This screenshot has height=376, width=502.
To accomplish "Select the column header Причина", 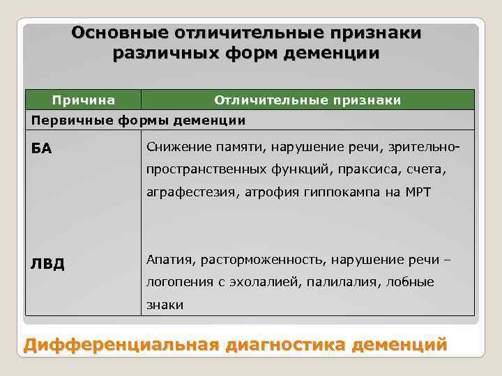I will pyautogui.click(x=84, y=100).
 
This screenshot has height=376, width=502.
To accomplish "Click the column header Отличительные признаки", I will pyautogui.click(x=307, y=100).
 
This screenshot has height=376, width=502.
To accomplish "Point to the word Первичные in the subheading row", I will pyautogui.click(x=62, y=120).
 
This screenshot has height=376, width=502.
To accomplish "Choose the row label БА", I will pyautogui.click(x=42, y=149).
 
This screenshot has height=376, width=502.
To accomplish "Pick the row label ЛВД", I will pyautogui.click(x=47, y=264).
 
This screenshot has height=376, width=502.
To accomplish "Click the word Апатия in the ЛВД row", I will pyautogui.click(x=170, y=260).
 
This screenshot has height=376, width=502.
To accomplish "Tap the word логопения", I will pyautogui.click(x=175, y=282).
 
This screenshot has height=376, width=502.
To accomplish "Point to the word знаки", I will pyautogui.click(x=165, y=304).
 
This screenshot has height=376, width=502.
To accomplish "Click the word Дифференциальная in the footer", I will pyautogui.click(x=118, y=345).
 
